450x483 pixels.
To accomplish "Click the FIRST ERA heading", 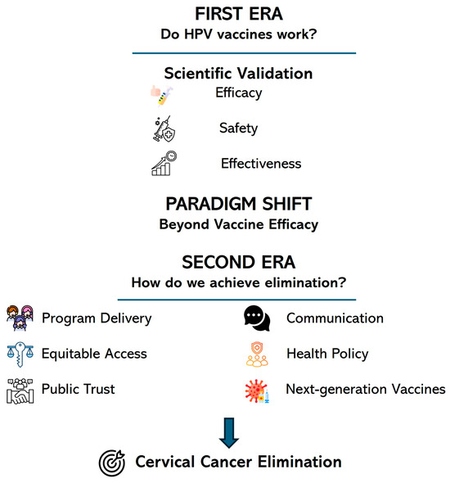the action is click(x=239, y=14).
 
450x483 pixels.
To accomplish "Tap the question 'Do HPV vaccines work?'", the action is click(x=239, y=34).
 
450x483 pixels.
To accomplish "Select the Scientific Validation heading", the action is click(x=238, y=74).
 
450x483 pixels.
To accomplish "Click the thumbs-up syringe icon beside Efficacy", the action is click(x=162, y=96).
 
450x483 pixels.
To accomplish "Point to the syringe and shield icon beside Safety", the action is click(x=164, y=129).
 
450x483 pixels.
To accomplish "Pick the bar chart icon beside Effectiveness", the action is click(x=164, y=163).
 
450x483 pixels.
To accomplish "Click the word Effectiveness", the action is click(x=261, y=164).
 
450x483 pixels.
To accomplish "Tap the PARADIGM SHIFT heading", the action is click(x=239, y=204).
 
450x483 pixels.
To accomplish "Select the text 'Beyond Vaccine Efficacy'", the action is click(x=239, y=224).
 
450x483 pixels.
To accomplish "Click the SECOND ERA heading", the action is click(x=239, y=263).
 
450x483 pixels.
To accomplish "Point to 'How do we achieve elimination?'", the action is click(x=239, y=282).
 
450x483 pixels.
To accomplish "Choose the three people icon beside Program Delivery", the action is click(x=20, y=318).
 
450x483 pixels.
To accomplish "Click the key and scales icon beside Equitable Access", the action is click(x=20, y=354).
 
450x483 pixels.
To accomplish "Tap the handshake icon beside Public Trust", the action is click(x=20, y=390).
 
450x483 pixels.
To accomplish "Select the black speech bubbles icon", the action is click(x=257, y=318).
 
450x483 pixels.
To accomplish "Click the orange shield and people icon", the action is click(x=257, y=354).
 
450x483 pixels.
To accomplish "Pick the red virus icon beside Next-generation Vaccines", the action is click(x=257, y=391).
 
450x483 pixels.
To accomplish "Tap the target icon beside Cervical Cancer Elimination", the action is click(x=112, y=463).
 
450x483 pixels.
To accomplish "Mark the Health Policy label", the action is click(x=327, y=354).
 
